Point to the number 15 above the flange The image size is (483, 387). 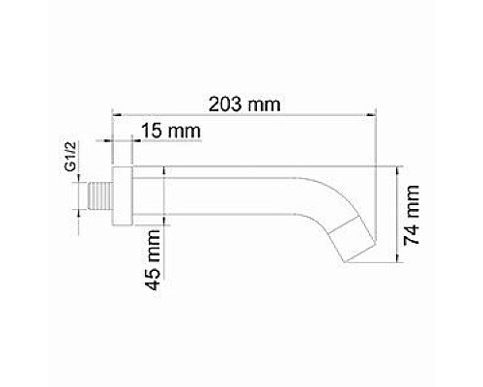146,129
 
